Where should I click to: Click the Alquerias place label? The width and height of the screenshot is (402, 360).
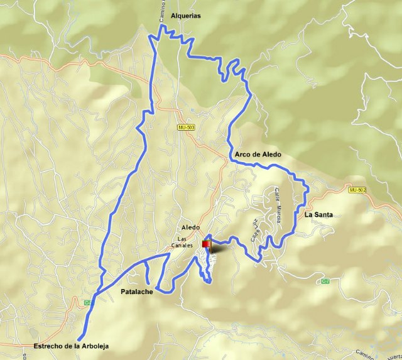coord(185,16)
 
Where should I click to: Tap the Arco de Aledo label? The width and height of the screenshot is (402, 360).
coord(258,155)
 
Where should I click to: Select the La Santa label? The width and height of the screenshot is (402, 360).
coord(318,215)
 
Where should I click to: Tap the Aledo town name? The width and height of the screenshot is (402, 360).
coord(190,227)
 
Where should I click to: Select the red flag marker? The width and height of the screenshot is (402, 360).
coord(206,244)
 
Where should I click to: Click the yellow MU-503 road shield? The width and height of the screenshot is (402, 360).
coord(186,127)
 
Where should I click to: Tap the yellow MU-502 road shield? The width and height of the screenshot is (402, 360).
coord(357,189)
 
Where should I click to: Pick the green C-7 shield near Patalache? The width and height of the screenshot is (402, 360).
coord(87,303)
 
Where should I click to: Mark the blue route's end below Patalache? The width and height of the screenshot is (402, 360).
coord(79,339)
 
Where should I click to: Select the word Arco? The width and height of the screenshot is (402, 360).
coord(243,155)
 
